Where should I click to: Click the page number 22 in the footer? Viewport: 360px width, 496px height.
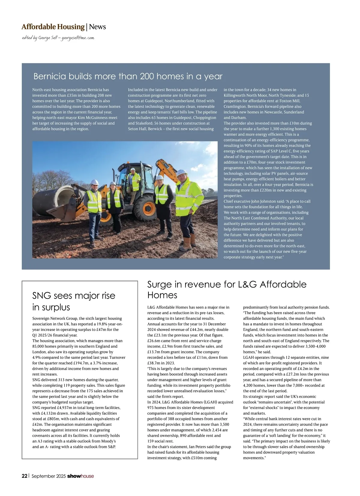coord(25,476)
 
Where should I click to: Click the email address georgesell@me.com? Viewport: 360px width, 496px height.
coord(78,38)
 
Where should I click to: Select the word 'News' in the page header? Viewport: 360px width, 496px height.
coord(97,27)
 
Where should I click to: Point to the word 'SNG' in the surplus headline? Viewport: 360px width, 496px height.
coord(42,296)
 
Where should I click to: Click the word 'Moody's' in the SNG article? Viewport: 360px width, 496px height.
coord(106,441)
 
